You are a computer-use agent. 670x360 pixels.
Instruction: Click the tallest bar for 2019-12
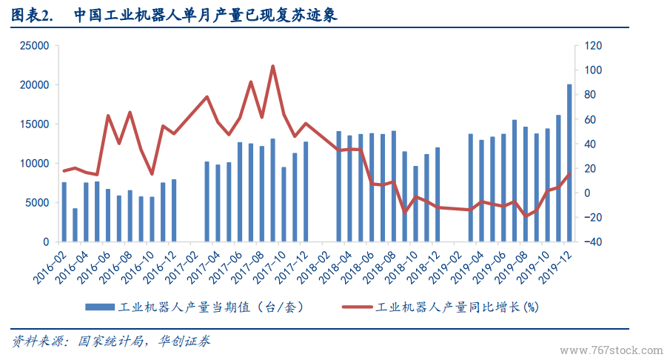coord(569,163)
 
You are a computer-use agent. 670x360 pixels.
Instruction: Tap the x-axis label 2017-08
coord(250,265)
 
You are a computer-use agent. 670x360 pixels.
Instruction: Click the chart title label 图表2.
coord(33,15)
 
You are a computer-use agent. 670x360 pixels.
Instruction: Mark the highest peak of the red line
coord(272,66)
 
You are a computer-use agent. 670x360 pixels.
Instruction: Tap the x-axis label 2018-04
coord(338,265)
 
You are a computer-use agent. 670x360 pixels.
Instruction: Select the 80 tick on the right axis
coord(591,95)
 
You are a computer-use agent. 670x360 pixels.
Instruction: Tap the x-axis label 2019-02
coord(448,265)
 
